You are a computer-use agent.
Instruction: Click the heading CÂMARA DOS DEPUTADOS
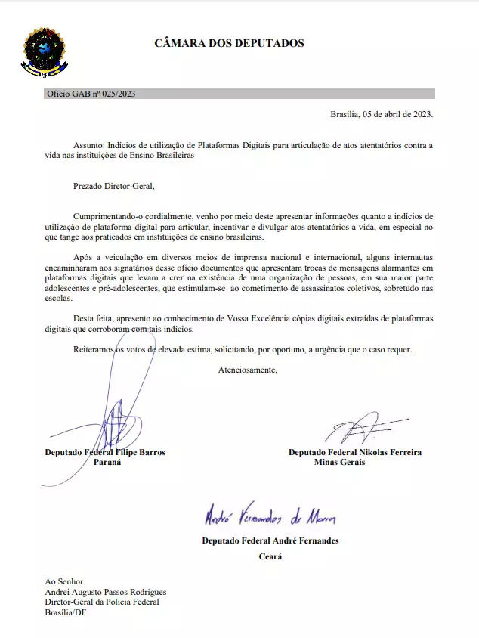click(229, 43)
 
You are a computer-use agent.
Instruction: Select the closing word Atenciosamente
click(248, 370)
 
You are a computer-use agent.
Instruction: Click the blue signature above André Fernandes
click(270, 519)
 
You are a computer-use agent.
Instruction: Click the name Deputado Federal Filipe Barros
click(105, 452)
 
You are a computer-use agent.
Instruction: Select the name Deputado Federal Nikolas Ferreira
click(355, 452)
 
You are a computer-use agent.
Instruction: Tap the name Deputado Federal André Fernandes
click(270, 540)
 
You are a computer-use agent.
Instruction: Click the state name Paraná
click(107, 463)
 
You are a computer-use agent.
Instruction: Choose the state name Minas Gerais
click(339, 463)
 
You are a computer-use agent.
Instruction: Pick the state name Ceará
click(270, 557)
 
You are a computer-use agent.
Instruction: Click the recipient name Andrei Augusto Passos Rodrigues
click(106, 592)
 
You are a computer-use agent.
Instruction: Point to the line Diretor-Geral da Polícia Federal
click(102, 602)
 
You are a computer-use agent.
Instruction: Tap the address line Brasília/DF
click(66, 613)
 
